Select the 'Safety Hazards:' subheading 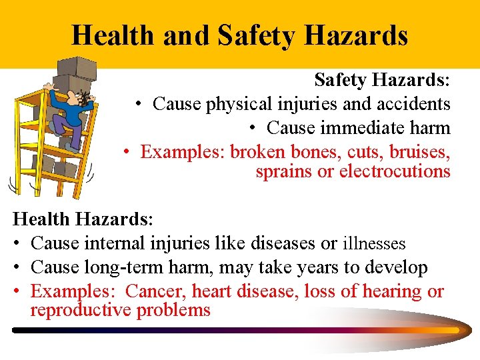(x=382, y=81)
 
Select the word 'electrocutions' (x=395, y=171)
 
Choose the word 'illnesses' (x=374, y=244)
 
